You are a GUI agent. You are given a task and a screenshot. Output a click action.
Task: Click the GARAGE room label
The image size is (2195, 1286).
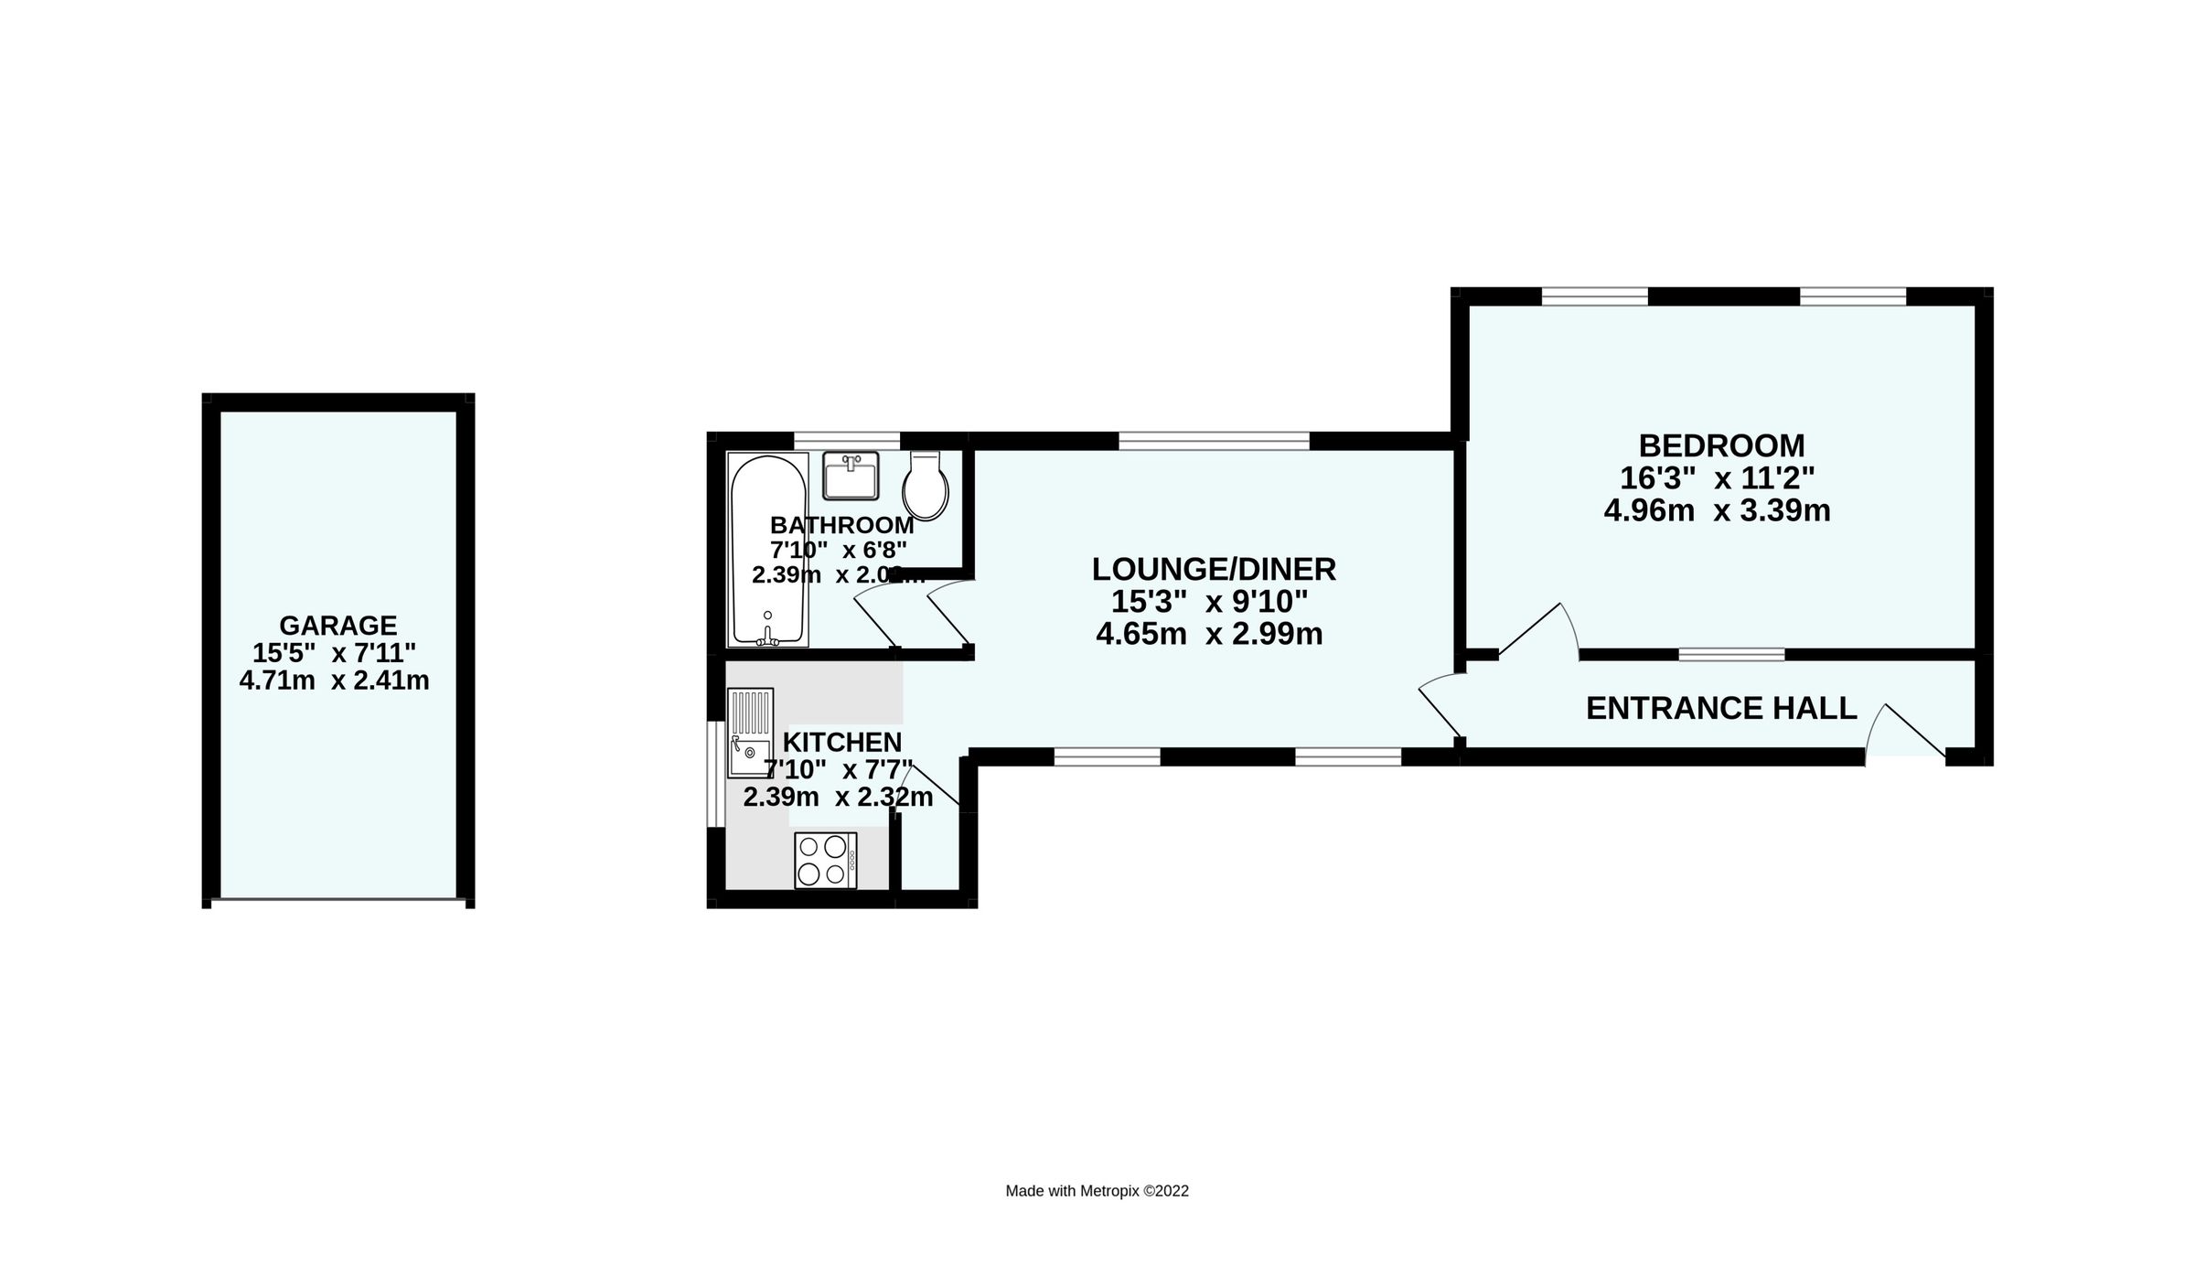[337, 626]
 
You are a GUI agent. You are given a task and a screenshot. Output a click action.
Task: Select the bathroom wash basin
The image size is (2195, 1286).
[850, 476]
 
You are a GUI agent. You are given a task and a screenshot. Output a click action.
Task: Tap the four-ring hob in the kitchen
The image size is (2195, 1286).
[825, 860]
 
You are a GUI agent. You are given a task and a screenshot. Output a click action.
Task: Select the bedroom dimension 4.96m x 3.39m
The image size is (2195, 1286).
[1717, 510]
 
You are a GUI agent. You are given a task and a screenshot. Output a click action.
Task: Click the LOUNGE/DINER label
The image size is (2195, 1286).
[1214, 570]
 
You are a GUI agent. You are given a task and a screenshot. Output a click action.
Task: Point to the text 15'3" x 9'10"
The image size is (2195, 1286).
[1209, 602]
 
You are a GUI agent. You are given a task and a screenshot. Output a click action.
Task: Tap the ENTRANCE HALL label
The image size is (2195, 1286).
[1721, 708]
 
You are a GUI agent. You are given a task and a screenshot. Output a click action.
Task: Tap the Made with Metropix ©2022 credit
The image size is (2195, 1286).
[1097, 1191]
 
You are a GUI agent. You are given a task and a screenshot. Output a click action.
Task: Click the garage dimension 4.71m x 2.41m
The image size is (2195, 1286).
[334, 681]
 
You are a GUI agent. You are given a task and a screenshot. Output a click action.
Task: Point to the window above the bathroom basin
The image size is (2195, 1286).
[846, 440]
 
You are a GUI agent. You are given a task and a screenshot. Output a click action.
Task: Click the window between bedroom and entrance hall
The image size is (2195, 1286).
[1730, 654]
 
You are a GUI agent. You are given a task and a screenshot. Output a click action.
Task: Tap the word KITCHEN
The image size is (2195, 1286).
[843, 742]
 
